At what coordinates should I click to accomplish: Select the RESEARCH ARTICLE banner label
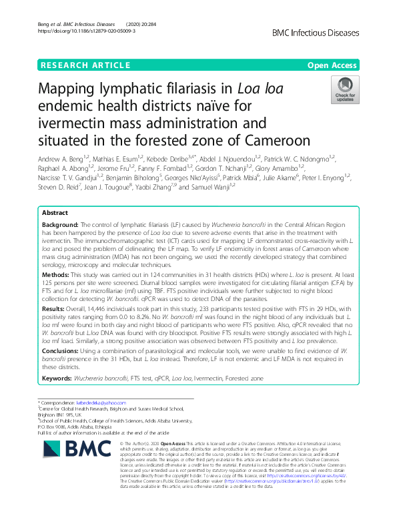coord(85,65)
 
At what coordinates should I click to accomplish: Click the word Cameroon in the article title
coord(277,141)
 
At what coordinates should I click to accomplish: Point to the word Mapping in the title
coord(79,89)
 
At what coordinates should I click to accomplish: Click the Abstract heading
coord(55,212)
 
